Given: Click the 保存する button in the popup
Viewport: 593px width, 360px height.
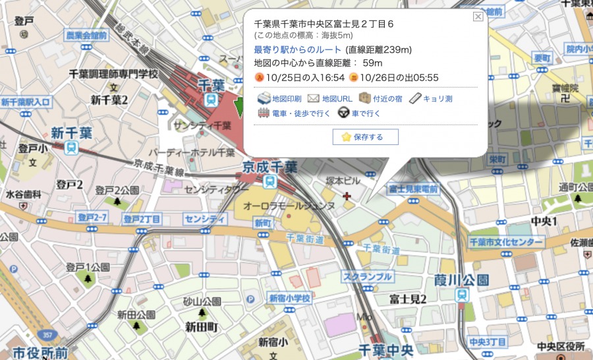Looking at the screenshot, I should point(366,137).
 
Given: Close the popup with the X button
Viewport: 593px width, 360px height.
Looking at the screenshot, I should point(478,17).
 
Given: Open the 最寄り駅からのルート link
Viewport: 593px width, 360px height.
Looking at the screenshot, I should point(298,49).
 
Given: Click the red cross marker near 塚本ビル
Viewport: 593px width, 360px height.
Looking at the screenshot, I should point(347,195).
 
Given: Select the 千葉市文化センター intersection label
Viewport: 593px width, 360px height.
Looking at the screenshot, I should point(506,243).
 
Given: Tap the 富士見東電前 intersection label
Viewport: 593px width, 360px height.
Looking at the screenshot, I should point(413,189).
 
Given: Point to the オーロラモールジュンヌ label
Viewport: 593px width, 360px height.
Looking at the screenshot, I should point(289,206).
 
